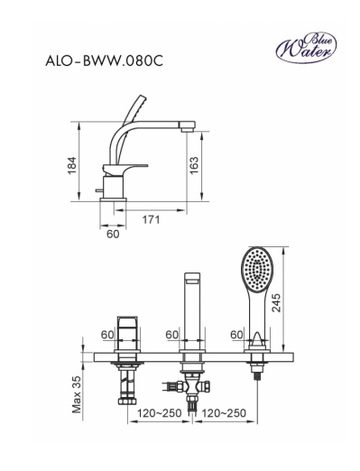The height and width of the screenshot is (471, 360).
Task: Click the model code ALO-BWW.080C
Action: tap(104, 61)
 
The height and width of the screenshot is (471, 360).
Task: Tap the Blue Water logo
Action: tap(306, 48)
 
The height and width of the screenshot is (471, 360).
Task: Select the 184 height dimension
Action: tap(72, 165)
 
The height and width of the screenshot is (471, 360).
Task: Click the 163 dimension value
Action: tap(194, 165)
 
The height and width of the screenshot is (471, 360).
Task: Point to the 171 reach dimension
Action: tap(151, 219)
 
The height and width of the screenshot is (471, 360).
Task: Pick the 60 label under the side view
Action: tap(113, 234)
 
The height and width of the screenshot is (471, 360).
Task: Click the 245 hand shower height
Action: tap(276, 302)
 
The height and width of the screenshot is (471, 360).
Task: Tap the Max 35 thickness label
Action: tap(77, 394)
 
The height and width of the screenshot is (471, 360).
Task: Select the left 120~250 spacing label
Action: tap(160, 413)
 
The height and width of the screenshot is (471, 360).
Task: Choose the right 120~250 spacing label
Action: tap(224, 413)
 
